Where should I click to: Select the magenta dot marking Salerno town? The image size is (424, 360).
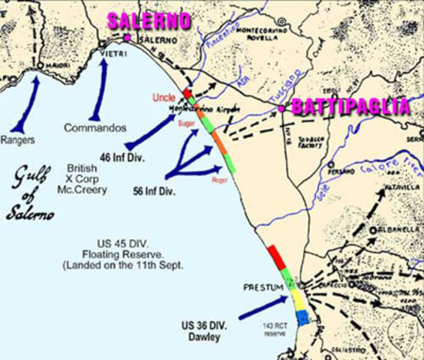coord(128,37)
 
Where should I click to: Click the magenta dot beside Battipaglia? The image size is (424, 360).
coord(281,109)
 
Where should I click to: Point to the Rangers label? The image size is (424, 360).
coord(18,139)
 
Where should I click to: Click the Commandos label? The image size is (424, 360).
coord(94,128)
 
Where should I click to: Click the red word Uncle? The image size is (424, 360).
coord(163,97)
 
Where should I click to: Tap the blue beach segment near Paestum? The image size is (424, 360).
coord(302,318)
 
